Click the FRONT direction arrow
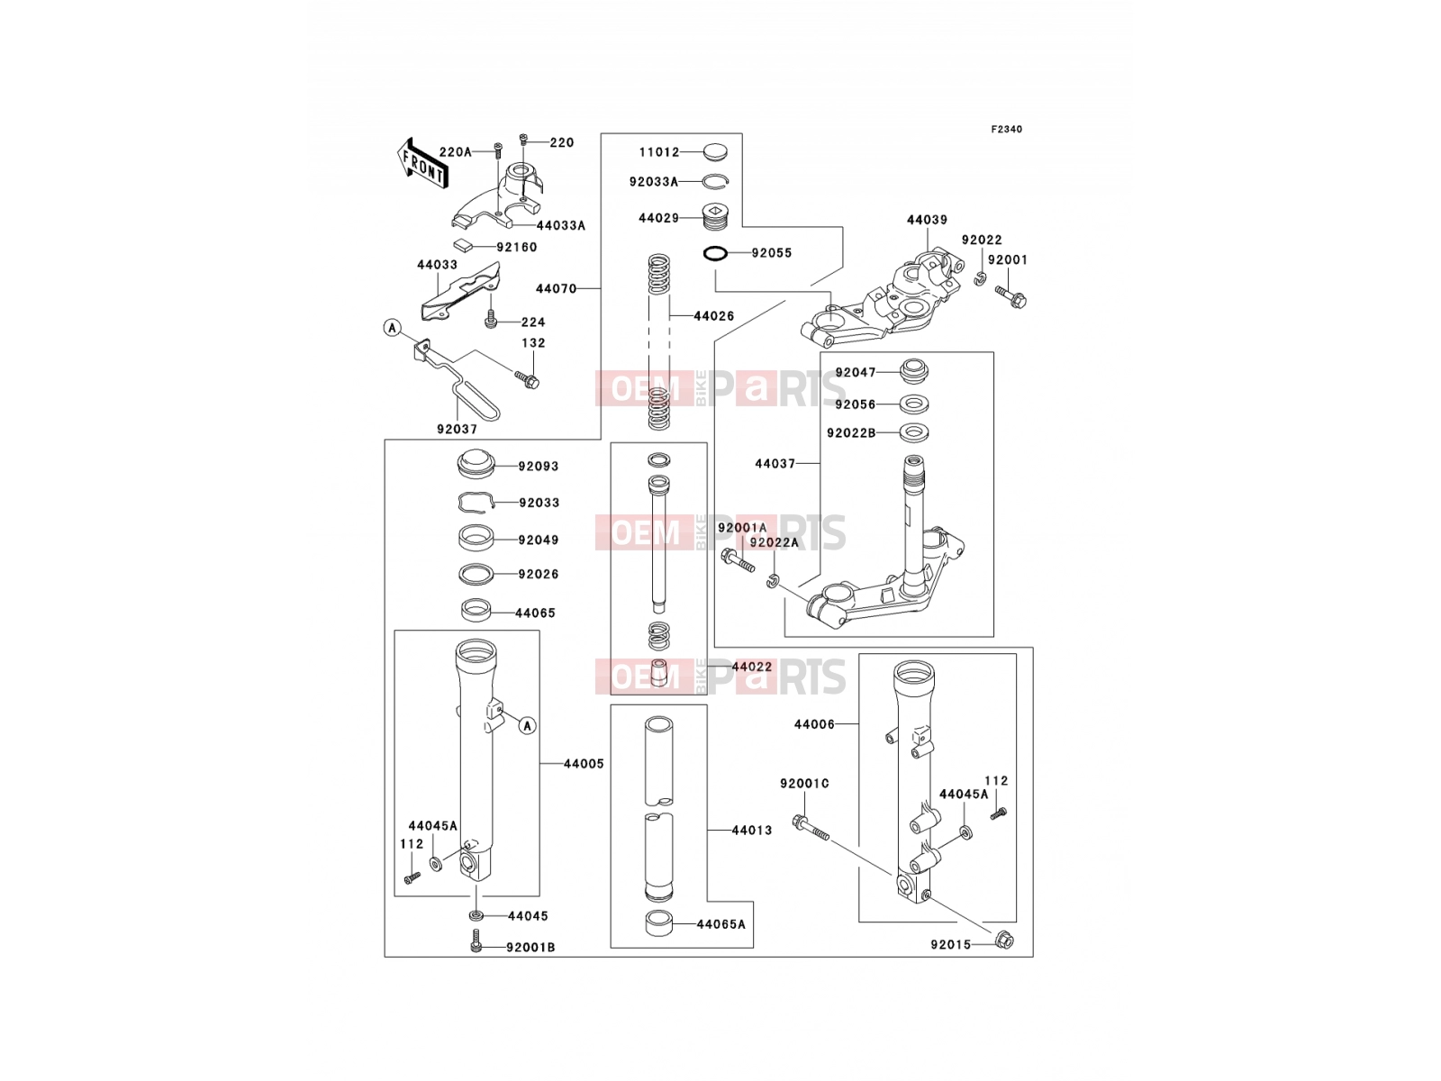tap(422, 165)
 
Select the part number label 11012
tap(659, 152)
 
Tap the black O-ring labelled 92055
tap(715, 253)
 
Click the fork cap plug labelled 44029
tap(715, 217)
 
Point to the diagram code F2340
tap(1006, 130)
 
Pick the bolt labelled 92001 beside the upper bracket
tap(1011, 296)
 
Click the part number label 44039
tap(927, 220)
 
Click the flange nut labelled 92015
tap(1004, 940)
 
